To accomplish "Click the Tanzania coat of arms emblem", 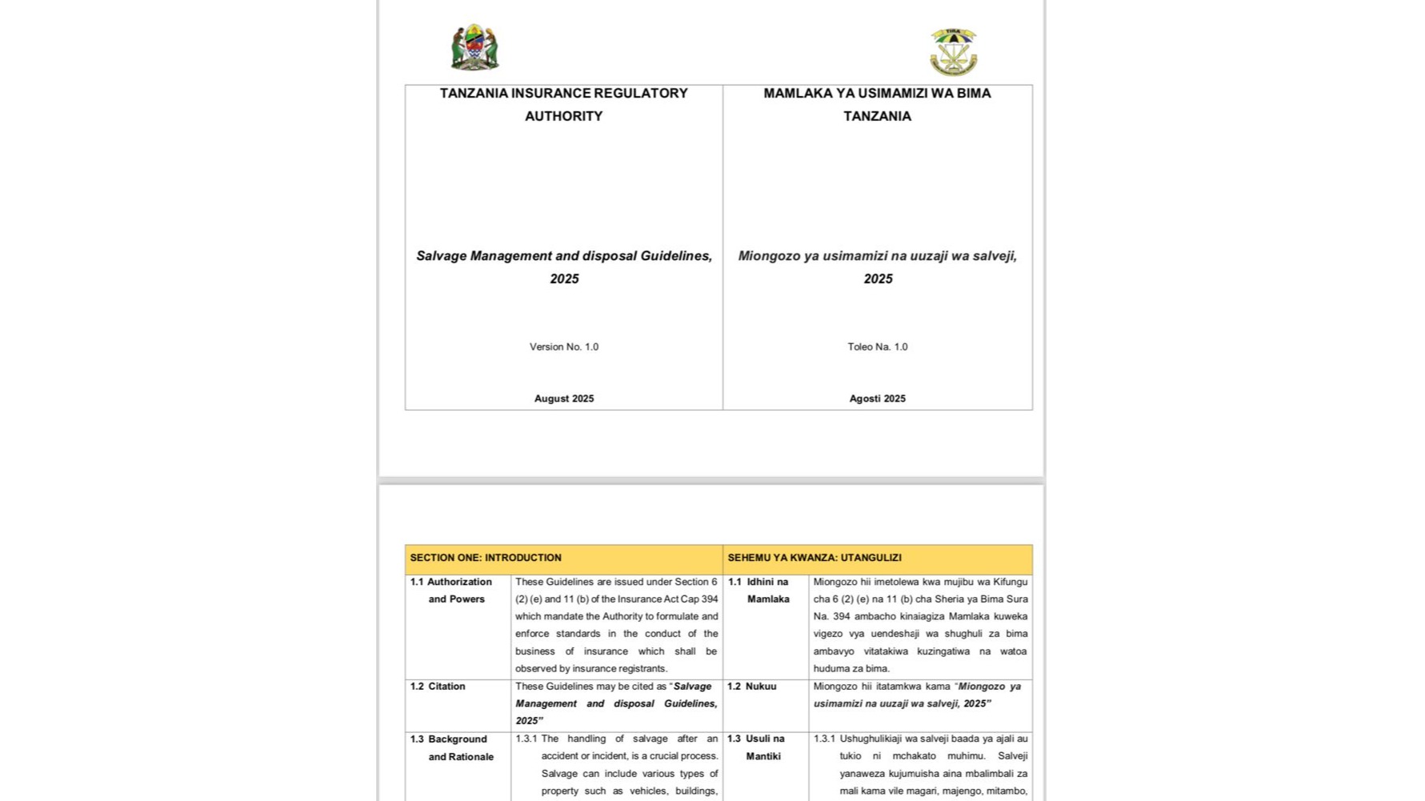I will click(x=474, y=47).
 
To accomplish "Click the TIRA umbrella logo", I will click(x=953, y=52).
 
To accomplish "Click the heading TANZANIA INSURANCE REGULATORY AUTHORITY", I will click(x=563, y=104).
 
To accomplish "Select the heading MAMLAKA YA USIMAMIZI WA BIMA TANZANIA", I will click(x=877, y=104).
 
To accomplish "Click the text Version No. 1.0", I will click(x=563, y=346).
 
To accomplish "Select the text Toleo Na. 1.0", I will click(x=877, y=346).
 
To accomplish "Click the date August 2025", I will click(x=563, y=398).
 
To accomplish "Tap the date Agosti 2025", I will click(x=877, y=398).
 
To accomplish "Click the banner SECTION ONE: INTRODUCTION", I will click(x=486, y=558).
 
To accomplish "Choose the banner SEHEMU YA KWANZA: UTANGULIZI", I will click(x=814, y=558).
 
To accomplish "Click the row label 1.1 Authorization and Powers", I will click(x=452, y=591).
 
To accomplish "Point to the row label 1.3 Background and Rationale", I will click(x=453, y=747).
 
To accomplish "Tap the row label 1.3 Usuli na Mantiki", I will click(x=757, y=747).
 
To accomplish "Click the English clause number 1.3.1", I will click(x=526, y=739).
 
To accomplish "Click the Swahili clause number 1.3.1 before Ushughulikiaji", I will click(x=824, y=739).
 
